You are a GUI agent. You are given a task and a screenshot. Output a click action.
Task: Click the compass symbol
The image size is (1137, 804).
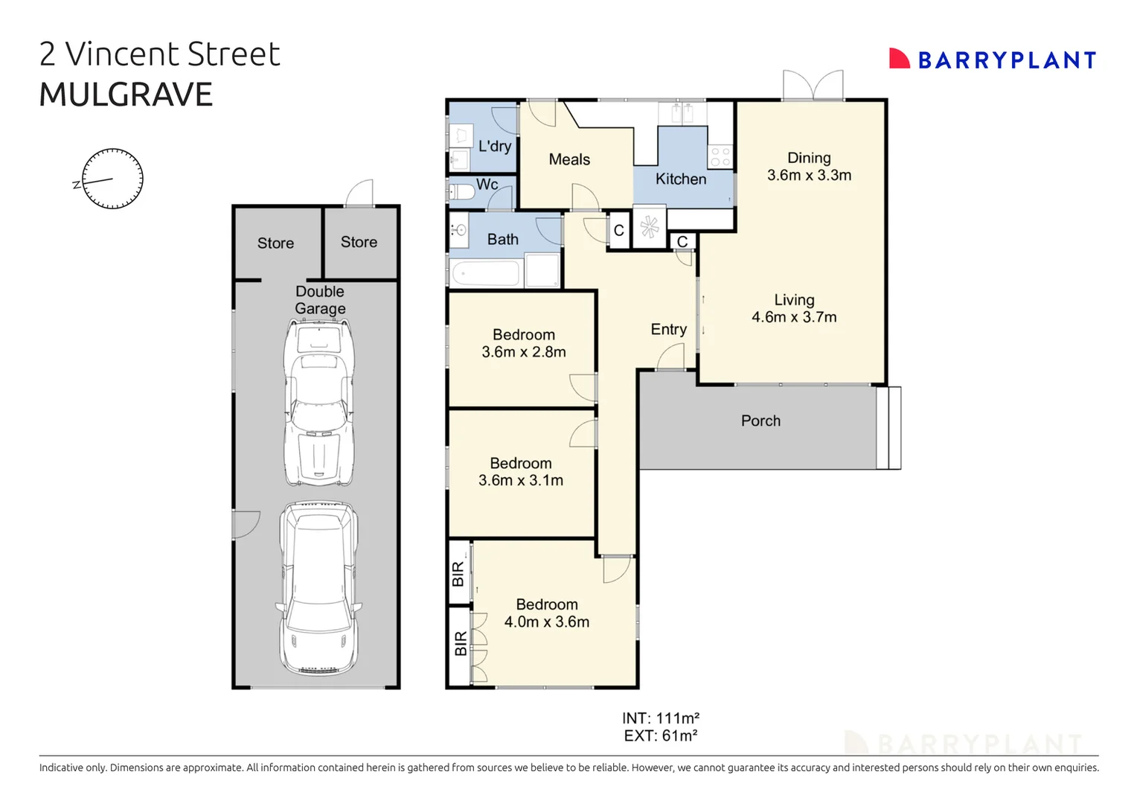coord(112,179)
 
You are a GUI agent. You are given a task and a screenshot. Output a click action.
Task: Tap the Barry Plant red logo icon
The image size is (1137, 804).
coord(899,59)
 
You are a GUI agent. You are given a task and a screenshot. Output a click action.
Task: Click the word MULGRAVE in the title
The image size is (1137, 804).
coord(126,95)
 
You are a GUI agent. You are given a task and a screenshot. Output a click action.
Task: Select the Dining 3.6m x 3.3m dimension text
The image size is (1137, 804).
coord(809,176)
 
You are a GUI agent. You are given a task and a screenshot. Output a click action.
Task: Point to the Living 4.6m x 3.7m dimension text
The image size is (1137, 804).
coord(794,317)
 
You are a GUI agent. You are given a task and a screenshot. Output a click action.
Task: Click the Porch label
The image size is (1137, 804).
coord(760,421)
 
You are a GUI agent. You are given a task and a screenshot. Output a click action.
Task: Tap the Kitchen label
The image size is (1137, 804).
coord(681,179)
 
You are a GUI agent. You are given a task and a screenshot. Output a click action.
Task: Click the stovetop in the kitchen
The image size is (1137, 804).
coord(720,156)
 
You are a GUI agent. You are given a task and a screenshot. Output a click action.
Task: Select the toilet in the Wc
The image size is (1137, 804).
coord(463,192)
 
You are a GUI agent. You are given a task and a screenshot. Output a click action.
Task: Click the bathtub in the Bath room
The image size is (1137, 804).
coord(485,273)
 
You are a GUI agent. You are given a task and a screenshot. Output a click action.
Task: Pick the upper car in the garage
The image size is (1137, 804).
coord(319,402)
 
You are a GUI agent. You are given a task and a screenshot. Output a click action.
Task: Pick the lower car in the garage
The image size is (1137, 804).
coord(318,588)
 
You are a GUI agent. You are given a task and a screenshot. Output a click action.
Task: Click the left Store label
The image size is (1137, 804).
coord(275,243)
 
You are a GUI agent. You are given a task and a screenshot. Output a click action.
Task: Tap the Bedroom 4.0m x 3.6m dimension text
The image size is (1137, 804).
coord(547,622)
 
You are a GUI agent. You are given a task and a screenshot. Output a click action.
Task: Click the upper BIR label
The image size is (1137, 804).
coord(458,574)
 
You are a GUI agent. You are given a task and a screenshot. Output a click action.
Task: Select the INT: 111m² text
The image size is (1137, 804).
coord(660,718)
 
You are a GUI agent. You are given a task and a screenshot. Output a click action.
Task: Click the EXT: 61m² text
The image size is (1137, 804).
coord(660,736)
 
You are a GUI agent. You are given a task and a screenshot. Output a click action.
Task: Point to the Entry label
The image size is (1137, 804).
coord(668,329)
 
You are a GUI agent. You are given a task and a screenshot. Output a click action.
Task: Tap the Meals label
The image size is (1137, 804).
coord(569,159)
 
